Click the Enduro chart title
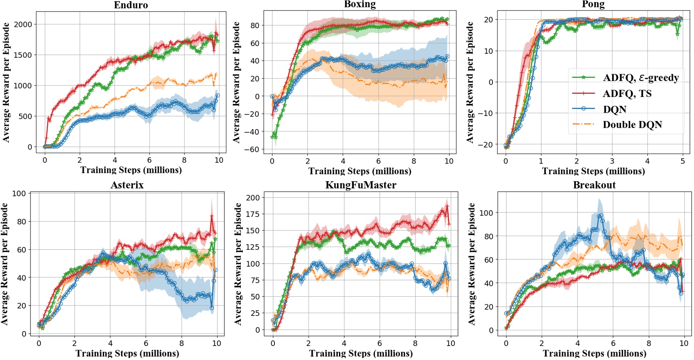pos(131,5)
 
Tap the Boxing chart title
pos(360,4)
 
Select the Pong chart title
pos(593,4)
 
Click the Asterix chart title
pos(127,185)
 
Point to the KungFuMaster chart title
pos(361,185)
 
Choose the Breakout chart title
pos(594,185)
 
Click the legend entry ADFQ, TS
pos(627,93)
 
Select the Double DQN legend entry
pos(632,125)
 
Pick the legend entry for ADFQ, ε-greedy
pos(640,78)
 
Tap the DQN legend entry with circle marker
pos(614,109)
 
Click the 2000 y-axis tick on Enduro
pos(23,24)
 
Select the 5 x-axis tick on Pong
pos(683,161)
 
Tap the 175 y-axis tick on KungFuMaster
pos(252,214)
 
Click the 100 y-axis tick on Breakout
pos(486,213)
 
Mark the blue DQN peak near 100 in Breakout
pos(600,216)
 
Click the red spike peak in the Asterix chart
pos(212,216)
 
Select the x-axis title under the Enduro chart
pos(131,170)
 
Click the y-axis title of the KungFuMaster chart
pos(238,264)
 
